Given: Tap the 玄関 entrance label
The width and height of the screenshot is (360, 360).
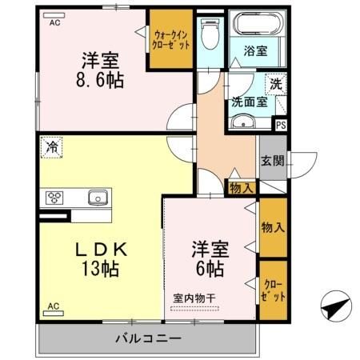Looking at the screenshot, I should tap(271, 161).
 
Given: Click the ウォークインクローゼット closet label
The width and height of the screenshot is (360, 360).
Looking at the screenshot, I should tap(171, 40).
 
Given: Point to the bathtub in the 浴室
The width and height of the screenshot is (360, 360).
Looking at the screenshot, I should tap(254, 24).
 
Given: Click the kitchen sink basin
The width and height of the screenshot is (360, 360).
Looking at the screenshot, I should tap(98, 196).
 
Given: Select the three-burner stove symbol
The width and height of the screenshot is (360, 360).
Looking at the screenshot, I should tap(56, 197).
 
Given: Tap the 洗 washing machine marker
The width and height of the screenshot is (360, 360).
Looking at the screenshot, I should tap(275, 83).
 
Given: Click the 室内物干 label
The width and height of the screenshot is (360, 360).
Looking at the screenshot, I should tap(194, 298).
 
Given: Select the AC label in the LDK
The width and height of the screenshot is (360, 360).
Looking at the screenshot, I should tap(53, 306).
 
